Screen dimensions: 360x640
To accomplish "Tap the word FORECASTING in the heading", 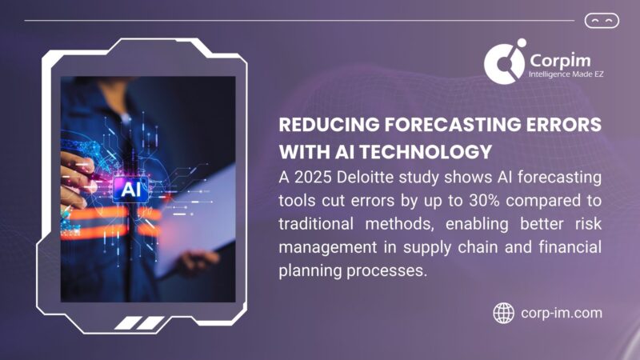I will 446,126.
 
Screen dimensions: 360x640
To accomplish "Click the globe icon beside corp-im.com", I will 503,312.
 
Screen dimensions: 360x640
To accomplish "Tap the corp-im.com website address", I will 560,313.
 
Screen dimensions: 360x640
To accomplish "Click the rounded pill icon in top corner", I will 602,21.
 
